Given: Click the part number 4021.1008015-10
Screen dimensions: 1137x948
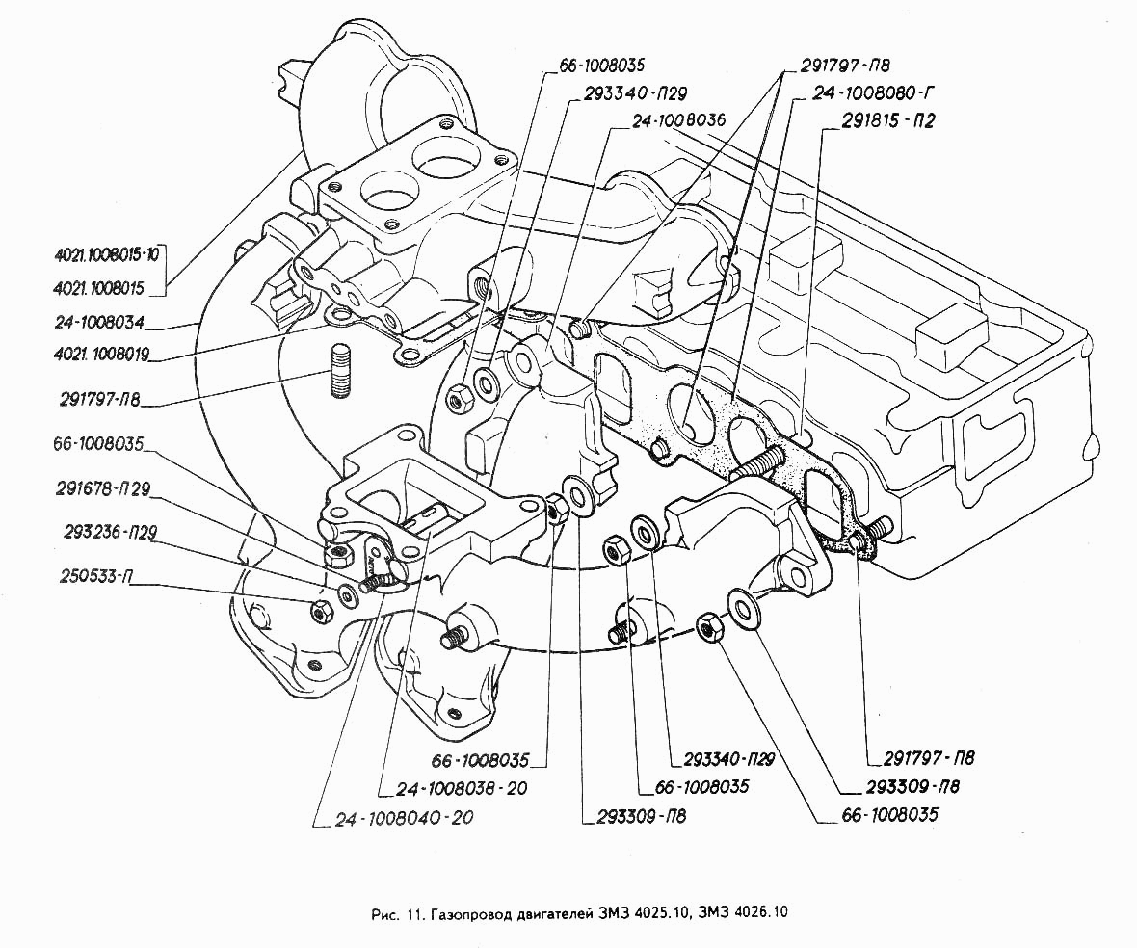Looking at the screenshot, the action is point(107,254).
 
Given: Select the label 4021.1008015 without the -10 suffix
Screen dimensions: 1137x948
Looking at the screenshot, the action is point(99,288).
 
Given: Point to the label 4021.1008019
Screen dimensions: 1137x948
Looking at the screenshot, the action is point(101,355).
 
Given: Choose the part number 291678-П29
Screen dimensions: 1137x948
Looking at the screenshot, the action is point(103,489).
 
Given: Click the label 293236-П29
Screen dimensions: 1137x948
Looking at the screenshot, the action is point(110,532).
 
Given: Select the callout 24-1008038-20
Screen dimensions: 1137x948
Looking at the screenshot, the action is point(462,788).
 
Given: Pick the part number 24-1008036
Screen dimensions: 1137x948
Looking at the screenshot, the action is point(678,120).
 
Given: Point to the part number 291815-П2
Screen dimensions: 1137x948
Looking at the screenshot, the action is point(887,121).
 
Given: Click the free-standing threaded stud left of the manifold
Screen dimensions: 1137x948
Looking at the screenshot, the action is point(340,370).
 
